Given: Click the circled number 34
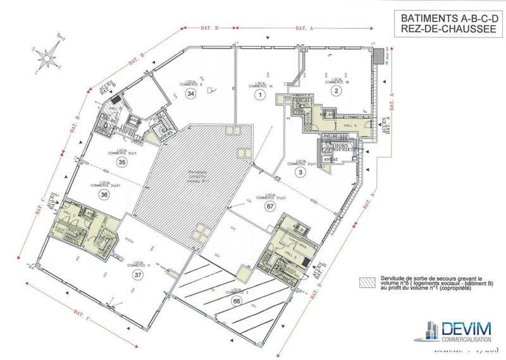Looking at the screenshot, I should [x=190, y=93].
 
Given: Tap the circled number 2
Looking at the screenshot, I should [x=336, y=91].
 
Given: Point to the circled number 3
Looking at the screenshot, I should [x=301, y=171].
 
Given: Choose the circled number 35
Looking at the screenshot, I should [x=122, y=163].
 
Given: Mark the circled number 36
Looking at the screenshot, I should [x=122, y=196].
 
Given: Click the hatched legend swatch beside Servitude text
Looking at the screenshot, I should [x=365, y=280].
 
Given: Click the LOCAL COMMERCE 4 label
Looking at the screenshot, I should [x=139, y=263].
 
